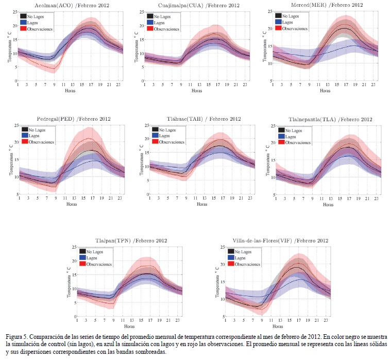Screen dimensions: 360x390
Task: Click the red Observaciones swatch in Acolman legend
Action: tap(24, 29)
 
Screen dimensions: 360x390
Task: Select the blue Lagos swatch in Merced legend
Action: tap(279, 22)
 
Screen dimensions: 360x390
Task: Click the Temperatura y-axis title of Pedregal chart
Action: tap(10, 160)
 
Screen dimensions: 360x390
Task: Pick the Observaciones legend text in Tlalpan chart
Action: tap(99, 264)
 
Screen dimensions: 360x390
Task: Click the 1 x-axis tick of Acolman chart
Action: tap(18, 85)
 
